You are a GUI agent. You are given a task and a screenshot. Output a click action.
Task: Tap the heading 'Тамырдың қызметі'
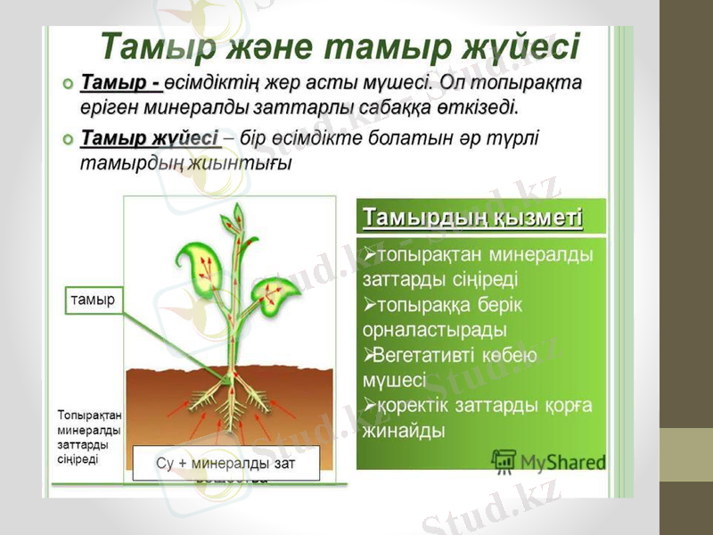[473, 218]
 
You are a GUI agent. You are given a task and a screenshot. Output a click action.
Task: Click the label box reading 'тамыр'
[93, 301]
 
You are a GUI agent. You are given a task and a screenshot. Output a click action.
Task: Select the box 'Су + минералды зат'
[225, 464]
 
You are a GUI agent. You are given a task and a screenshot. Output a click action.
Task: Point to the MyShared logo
[549, 461]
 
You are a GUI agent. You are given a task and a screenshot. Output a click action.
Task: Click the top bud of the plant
[237, 216]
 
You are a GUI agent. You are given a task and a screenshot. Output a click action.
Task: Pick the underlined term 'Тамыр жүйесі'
[150, 139]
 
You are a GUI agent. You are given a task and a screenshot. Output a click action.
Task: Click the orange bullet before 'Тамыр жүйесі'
[68, 141]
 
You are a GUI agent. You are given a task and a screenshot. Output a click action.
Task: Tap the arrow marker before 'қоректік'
[370, 406]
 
